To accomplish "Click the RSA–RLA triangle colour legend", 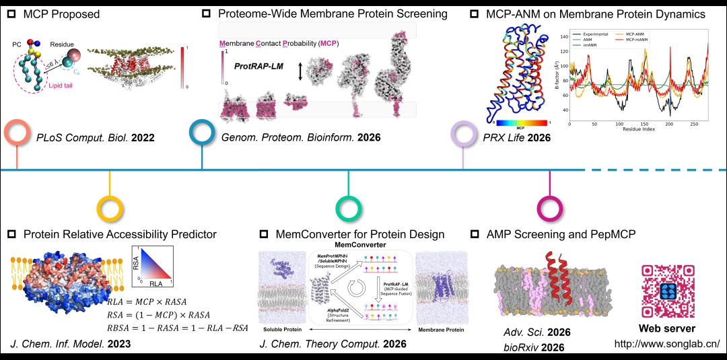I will click(154, 264).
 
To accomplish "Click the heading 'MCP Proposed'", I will click(61, 13).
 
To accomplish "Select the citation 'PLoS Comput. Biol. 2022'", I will click(96, 138).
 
